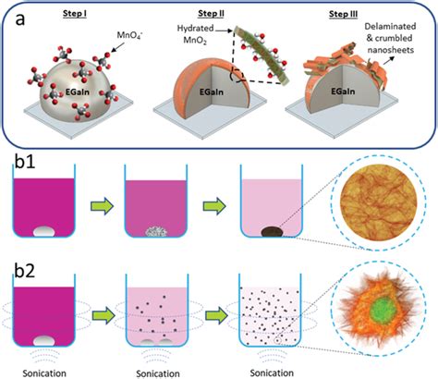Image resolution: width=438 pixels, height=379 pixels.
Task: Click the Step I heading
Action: coord(75,14)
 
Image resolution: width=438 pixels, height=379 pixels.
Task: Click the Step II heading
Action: coord(211,14)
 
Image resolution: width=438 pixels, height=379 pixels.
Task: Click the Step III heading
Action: coord(343,14)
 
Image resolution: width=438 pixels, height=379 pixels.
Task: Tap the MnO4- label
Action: coord(129,35)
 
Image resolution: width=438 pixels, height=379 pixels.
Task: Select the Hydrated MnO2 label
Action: coord(195,34)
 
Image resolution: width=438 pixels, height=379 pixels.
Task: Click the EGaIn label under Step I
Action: coord(78,92)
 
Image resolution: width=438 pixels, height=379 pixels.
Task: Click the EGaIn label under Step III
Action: coord(343,92)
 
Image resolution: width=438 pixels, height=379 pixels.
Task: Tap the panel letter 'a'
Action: coord(20,19)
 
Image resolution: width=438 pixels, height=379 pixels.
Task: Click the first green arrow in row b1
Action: coord(102,206)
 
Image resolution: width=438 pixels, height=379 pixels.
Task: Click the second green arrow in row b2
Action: coord(216,315)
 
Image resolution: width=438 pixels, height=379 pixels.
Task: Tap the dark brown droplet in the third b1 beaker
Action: coord(272,232)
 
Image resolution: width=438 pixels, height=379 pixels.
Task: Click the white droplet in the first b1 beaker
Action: coord(43,232)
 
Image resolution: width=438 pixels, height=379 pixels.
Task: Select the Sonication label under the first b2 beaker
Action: coord(44,373)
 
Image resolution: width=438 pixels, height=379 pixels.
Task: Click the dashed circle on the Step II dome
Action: coord(237,75)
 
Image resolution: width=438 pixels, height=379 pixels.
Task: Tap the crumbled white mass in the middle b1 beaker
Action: coord(156,232)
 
